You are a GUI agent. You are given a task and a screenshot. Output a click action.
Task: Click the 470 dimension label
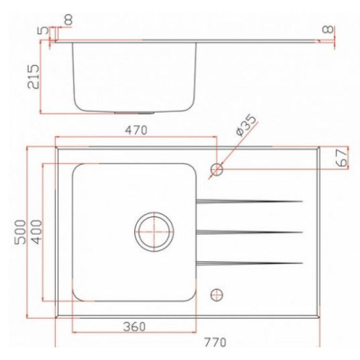(136, 130)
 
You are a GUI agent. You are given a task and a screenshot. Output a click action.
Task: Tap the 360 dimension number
(134, 327)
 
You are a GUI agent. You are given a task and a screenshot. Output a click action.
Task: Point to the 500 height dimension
(21, 231)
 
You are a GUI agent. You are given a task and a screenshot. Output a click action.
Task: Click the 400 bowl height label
(37, 231)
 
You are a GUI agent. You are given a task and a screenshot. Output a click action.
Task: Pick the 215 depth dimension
(33, 76)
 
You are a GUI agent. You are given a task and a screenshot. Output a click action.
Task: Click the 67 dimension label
(342, 157)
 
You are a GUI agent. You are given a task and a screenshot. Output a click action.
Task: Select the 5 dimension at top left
(44, 31)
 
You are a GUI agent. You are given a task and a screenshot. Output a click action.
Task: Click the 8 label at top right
(328, 30)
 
